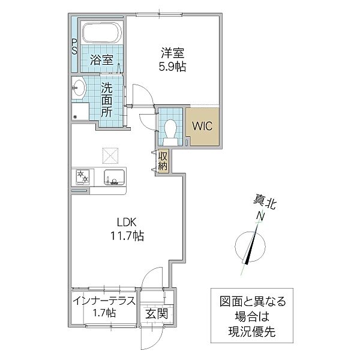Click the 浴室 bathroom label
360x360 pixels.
pyautogui.click(x=102, y=59)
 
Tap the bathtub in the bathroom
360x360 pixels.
pyautogui.click(x=102, y=33)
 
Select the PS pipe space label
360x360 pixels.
pyautogui.click(x=74, y=47)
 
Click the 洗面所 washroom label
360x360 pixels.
pyautogui.click(x=107, y=99)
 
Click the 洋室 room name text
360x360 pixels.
pyautogui.click(x=172, y=53)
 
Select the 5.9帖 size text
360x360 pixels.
pyautogui.click(x=172, y=67)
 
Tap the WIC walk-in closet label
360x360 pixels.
pyautogui.click(x=202, y=126)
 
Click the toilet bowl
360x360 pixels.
pyautogui.click(x=170, y=128)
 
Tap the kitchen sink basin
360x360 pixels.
pyautogui.click(x=113, y=177)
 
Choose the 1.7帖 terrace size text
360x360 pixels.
pyautogui.click(x=103, y=314)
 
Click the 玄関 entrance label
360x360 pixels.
pyautogui.click(x=157, y=314)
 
